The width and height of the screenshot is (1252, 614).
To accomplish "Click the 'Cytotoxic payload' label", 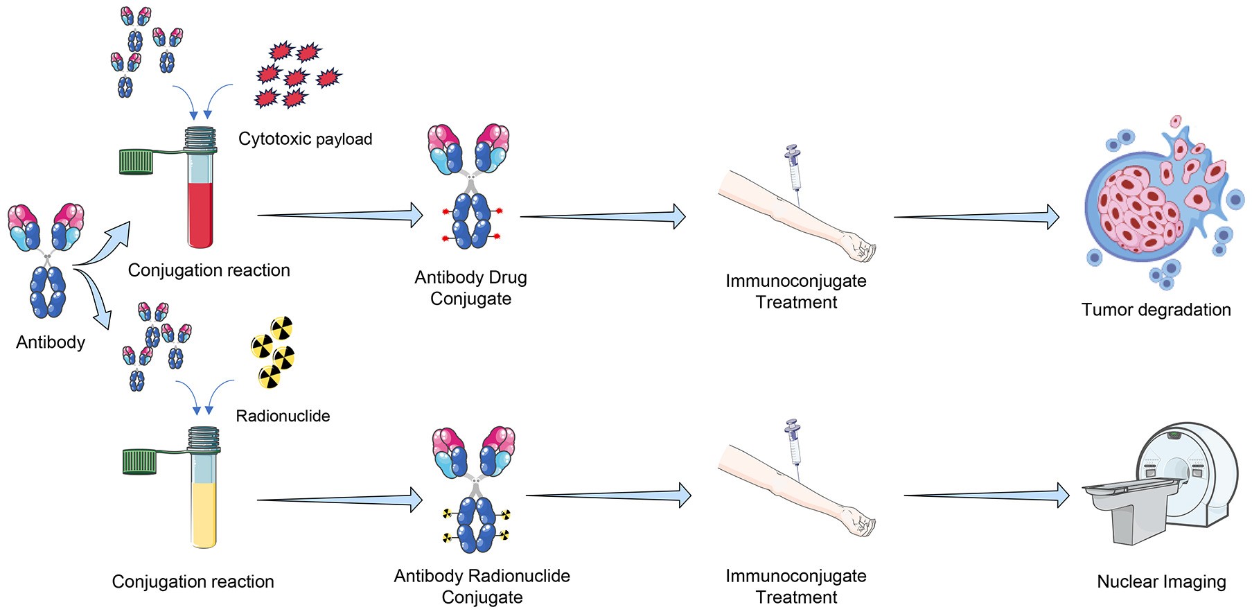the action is (x=305, y=139).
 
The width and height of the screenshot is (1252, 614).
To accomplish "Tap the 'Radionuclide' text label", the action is (x=283, y=416).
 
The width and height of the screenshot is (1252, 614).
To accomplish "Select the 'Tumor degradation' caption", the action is (x=1156, y=310).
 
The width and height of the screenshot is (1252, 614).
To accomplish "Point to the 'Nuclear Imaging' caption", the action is (x=1161, y=582).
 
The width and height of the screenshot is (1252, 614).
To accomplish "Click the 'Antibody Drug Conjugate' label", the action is (x=471, y=288).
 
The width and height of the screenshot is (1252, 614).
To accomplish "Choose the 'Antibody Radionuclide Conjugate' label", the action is (x=482, y=586).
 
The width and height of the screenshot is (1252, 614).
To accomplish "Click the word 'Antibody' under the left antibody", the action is (x=51, y=342).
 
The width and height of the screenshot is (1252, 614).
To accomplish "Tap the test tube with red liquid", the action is (x=200, y=187).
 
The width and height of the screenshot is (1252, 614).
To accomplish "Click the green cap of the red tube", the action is (x=136, y=162).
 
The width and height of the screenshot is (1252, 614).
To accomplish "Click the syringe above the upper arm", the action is (x=794, y=170).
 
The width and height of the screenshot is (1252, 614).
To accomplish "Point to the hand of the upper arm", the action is (x=858, y=247).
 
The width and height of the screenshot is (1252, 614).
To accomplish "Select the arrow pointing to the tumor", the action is (x=976, y=217).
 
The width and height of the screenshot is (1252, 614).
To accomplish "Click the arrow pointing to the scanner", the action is (x=987, y=495).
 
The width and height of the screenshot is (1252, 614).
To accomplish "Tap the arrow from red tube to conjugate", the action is (x=340, y=216).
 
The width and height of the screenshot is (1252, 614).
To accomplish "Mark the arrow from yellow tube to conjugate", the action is (x=340, y=500).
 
